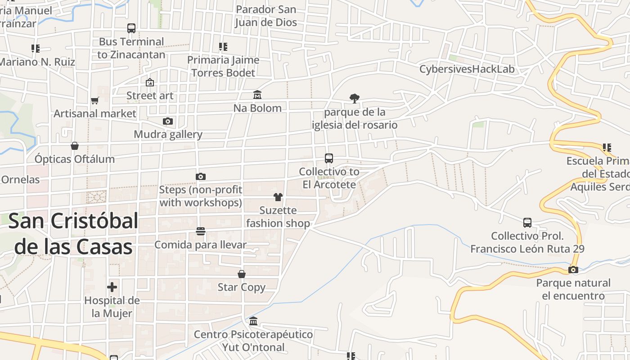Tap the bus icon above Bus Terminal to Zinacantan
[131, 28]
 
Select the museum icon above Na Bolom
[257, 95]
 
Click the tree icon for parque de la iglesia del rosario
[355, 99]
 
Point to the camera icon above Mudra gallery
[168, 121]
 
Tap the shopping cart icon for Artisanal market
[94, 100]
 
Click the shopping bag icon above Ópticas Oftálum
[75, 146]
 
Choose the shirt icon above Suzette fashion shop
[278, 197]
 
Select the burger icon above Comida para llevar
[201, 231]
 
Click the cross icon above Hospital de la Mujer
[112, 287]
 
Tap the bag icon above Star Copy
[242, 274]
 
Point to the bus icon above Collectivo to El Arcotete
[329, 158]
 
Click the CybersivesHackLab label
[467, 69]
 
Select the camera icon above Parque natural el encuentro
[573, 270]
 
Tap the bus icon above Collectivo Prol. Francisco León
[527, 223]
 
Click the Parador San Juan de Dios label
[266, 16]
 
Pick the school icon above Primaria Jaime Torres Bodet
[223, 47]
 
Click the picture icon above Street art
[150, 82]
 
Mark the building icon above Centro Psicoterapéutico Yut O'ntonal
[253, 321]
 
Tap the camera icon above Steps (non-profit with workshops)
[201, 176]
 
